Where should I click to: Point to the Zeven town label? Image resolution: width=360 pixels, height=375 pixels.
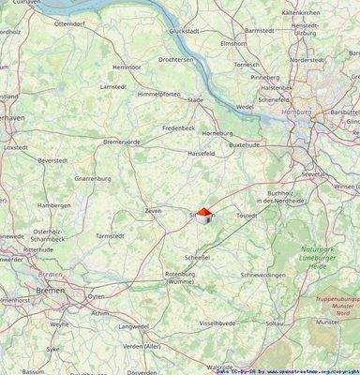[153, 211]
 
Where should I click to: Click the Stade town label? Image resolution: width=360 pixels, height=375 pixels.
[195, 99]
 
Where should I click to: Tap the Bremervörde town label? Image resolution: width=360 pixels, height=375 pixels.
[121, 142]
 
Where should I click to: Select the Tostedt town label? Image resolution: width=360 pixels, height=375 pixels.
[247, 215]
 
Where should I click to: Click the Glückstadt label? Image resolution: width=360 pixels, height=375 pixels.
[183, 31]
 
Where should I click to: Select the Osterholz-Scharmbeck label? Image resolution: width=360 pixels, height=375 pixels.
[49, 234]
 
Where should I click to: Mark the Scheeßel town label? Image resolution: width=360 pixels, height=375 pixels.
[197, 256]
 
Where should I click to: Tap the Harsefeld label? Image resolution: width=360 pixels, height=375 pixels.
[202, 153]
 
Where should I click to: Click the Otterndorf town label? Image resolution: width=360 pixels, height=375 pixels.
[69, 22]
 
